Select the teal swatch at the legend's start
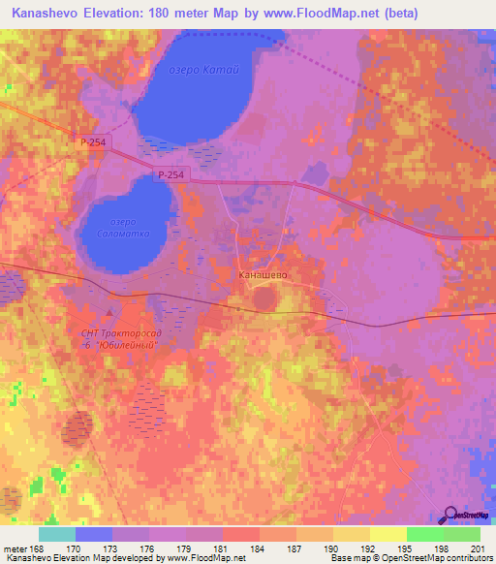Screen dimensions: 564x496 coord(57,534)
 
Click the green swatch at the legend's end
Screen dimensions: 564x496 coord(462,534)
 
